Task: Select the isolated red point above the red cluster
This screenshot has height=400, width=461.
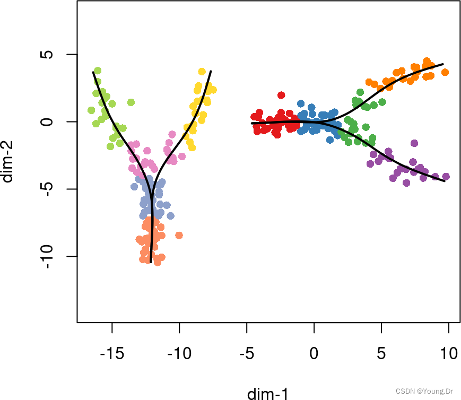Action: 281,95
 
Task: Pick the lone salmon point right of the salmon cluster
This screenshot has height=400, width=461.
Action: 179,235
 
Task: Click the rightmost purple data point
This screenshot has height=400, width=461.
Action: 446,177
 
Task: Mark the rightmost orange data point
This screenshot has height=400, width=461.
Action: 445,72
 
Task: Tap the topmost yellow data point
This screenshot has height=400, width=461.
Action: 202,72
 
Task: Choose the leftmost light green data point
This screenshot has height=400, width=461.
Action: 91,110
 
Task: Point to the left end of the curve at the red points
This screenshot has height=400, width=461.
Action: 252,124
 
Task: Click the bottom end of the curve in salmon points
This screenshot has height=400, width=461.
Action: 151,262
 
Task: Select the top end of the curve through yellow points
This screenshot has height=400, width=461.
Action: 211,71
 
